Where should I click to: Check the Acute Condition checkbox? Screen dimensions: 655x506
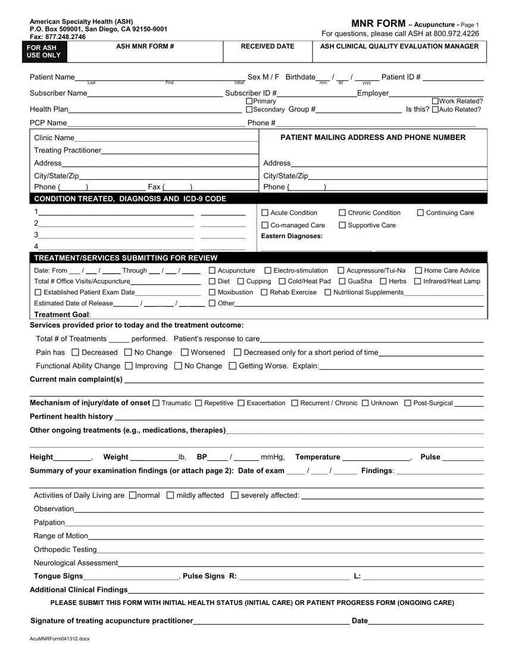click(266, 213)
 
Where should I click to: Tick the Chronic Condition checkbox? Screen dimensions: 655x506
click(342, 213)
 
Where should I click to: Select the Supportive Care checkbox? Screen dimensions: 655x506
click(342, 225)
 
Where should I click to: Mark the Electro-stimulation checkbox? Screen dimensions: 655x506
click(267, 271)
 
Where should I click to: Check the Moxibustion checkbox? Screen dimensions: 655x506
click(213, 292)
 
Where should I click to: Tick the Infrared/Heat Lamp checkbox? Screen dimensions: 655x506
click(417, 282)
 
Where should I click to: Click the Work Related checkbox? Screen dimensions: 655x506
click(435, 101)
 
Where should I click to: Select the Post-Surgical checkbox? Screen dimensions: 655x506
click(408, 403)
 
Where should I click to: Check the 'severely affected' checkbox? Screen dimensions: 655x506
click(234, 495)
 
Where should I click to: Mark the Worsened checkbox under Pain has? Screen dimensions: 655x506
click(185, 353)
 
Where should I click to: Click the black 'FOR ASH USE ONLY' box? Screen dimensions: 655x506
click(43, 52)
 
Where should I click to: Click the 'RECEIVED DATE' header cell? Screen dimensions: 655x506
click(267, 46)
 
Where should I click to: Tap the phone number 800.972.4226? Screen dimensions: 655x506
click(455, 33)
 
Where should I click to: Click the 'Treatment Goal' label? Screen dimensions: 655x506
click(62, 314)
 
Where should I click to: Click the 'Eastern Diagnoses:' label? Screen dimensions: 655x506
click(292, 236)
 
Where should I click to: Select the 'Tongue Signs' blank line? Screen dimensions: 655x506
click(131, 576)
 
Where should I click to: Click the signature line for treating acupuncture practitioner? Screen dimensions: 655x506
click(271, 621)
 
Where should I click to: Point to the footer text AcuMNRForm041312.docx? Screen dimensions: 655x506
click(55, 639)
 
